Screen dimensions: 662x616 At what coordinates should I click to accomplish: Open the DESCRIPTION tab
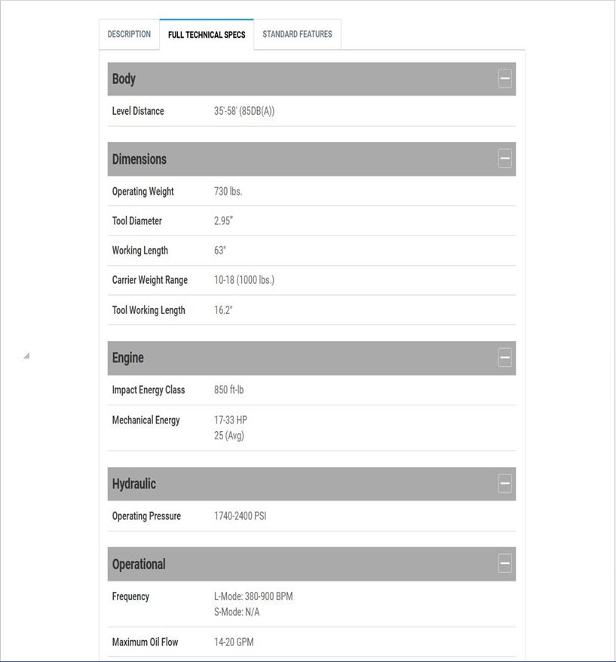pos(129,35)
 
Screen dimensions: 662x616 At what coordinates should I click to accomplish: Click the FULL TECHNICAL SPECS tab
pos(207,35)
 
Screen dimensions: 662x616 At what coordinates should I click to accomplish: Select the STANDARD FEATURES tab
pos(297,35)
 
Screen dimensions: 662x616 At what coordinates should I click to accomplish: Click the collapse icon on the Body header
pos(505,79)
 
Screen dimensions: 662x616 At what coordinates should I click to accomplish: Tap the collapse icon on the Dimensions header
pos(505,159)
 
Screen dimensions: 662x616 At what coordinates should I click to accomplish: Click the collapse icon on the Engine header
pos(505,358)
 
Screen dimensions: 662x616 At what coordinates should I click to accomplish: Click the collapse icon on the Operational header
pos(505,563)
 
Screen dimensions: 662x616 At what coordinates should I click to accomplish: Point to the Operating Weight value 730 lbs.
pos(228,192)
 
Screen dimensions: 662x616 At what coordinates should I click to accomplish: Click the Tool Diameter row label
pos(136,221)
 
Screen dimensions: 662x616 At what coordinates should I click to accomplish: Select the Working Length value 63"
pos(220,251)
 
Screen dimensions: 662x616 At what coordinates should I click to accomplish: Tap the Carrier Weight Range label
pos(149,280)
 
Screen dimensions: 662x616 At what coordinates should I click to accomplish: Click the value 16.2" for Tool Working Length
pos(223,310)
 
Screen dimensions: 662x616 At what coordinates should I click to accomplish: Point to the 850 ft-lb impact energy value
pos(228,390)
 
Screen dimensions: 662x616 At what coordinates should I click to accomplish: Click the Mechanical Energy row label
pos(146,420)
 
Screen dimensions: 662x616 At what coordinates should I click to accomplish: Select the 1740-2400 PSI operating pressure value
pos(240,516)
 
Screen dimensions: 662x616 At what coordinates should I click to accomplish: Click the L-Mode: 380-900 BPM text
pos(253,596)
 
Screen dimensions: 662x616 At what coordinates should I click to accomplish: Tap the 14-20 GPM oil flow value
pos(234,642)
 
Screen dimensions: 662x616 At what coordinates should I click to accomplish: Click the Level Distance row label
pos(138,111)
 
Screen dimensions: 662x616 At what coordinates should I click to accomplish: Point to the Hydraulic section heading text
pos(134,484)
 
